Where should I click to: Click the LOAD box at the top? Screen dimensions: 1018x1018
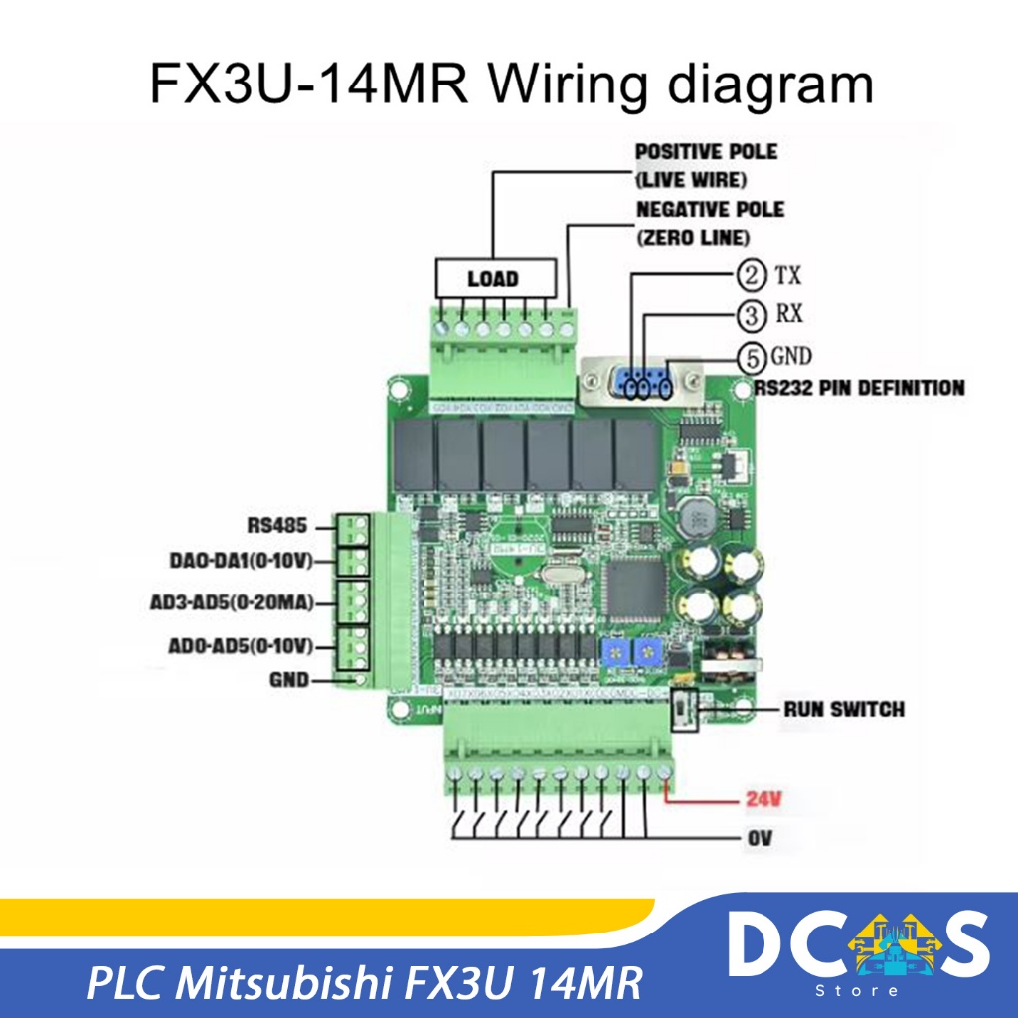click(x=492, y=278)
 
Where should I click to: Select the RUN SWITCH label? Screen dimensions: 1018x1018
click(x=844, y=709)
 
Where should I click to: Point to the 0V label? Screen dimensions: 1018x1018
click(x=758, y=839)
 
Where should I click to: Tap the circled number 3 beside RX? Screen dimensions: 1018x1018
click(x=752, y=315)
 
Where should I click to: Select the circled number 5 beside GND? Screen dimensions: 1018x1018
click(x=752, y=356)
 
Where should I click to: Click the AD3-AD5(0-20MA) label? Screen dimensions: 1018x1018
click(x=241, y=603)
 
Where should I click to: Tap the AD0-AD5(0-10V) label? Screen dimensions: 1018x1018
click(x=241, y=646)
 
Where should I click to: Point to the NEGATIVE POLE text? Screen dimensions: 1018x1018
click(x=710, y=210)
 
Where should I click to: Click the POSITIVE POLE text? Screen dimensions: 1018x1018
click(x=706, y=153)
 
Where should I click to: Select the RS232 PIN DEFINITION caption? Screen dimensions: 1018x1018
click(x=858, y=388)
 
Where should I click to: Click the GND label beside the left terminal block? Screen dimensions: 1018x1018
click(x=288, y=681)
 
